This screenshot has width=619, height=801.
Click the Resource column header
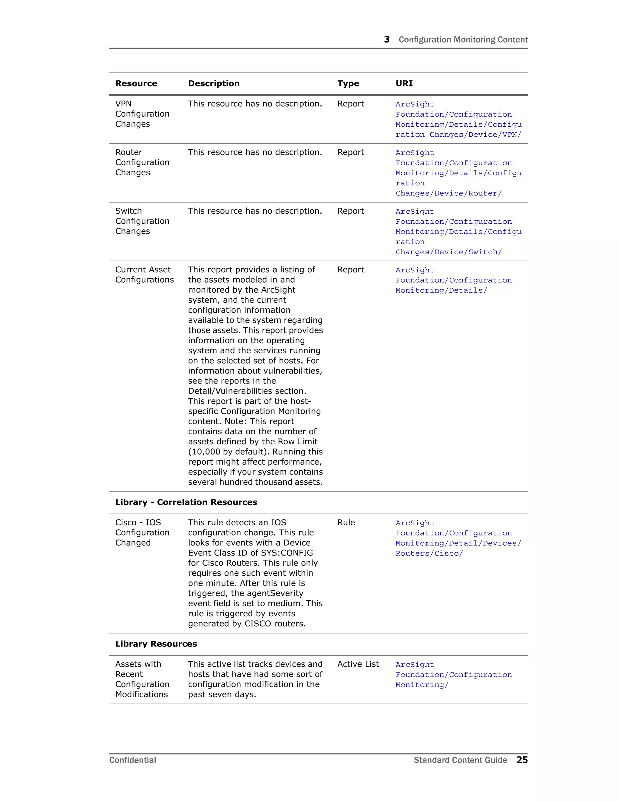[136, 84]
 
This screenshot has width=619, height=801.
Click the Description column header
[214, 84]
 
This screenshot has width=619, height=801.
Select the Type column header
[348, 84]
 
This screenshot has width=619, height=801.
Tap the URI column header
[404, 84]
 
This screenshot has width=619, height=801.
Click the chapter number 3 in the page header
[387, 39]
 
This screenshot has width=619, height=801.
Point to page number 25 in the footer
[522, 760]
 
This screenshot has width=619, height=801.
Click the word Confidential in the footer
[132, 760]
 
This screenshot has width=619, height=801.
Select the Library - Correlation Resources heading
[186, 502]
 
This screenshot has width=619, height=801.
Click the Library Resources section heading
[156, 644]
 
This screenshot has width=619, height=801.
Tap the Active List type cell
[358, 664]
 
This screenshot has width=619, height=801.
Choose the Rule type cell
[346, 523]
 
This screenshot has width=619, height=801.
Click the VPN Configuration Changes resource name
[142, 114]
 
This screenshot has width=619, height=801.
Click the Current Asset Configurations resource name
[144, 275]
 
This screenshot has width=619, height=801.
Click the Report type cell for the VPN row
[351, 104]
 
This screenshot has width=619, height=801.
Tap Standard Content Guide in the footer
[460, 760]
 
